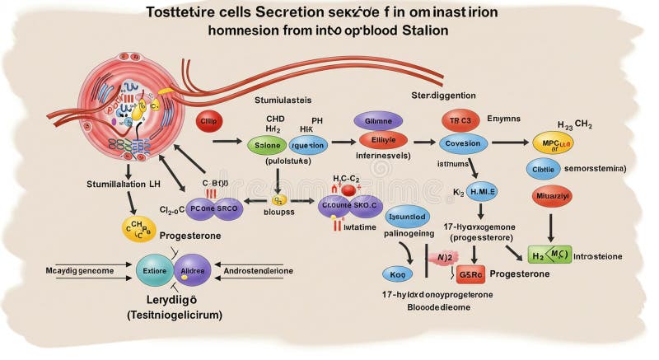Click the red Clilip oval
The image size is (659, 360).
click(210, 122)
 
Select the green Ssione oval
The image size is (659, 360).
click(269, 145)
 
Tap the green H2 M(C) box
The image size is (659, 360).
click(549, 255)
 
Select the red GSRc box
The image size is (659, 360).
click(470, 274)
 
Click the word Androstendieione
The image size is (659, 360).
click(271, 269)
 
